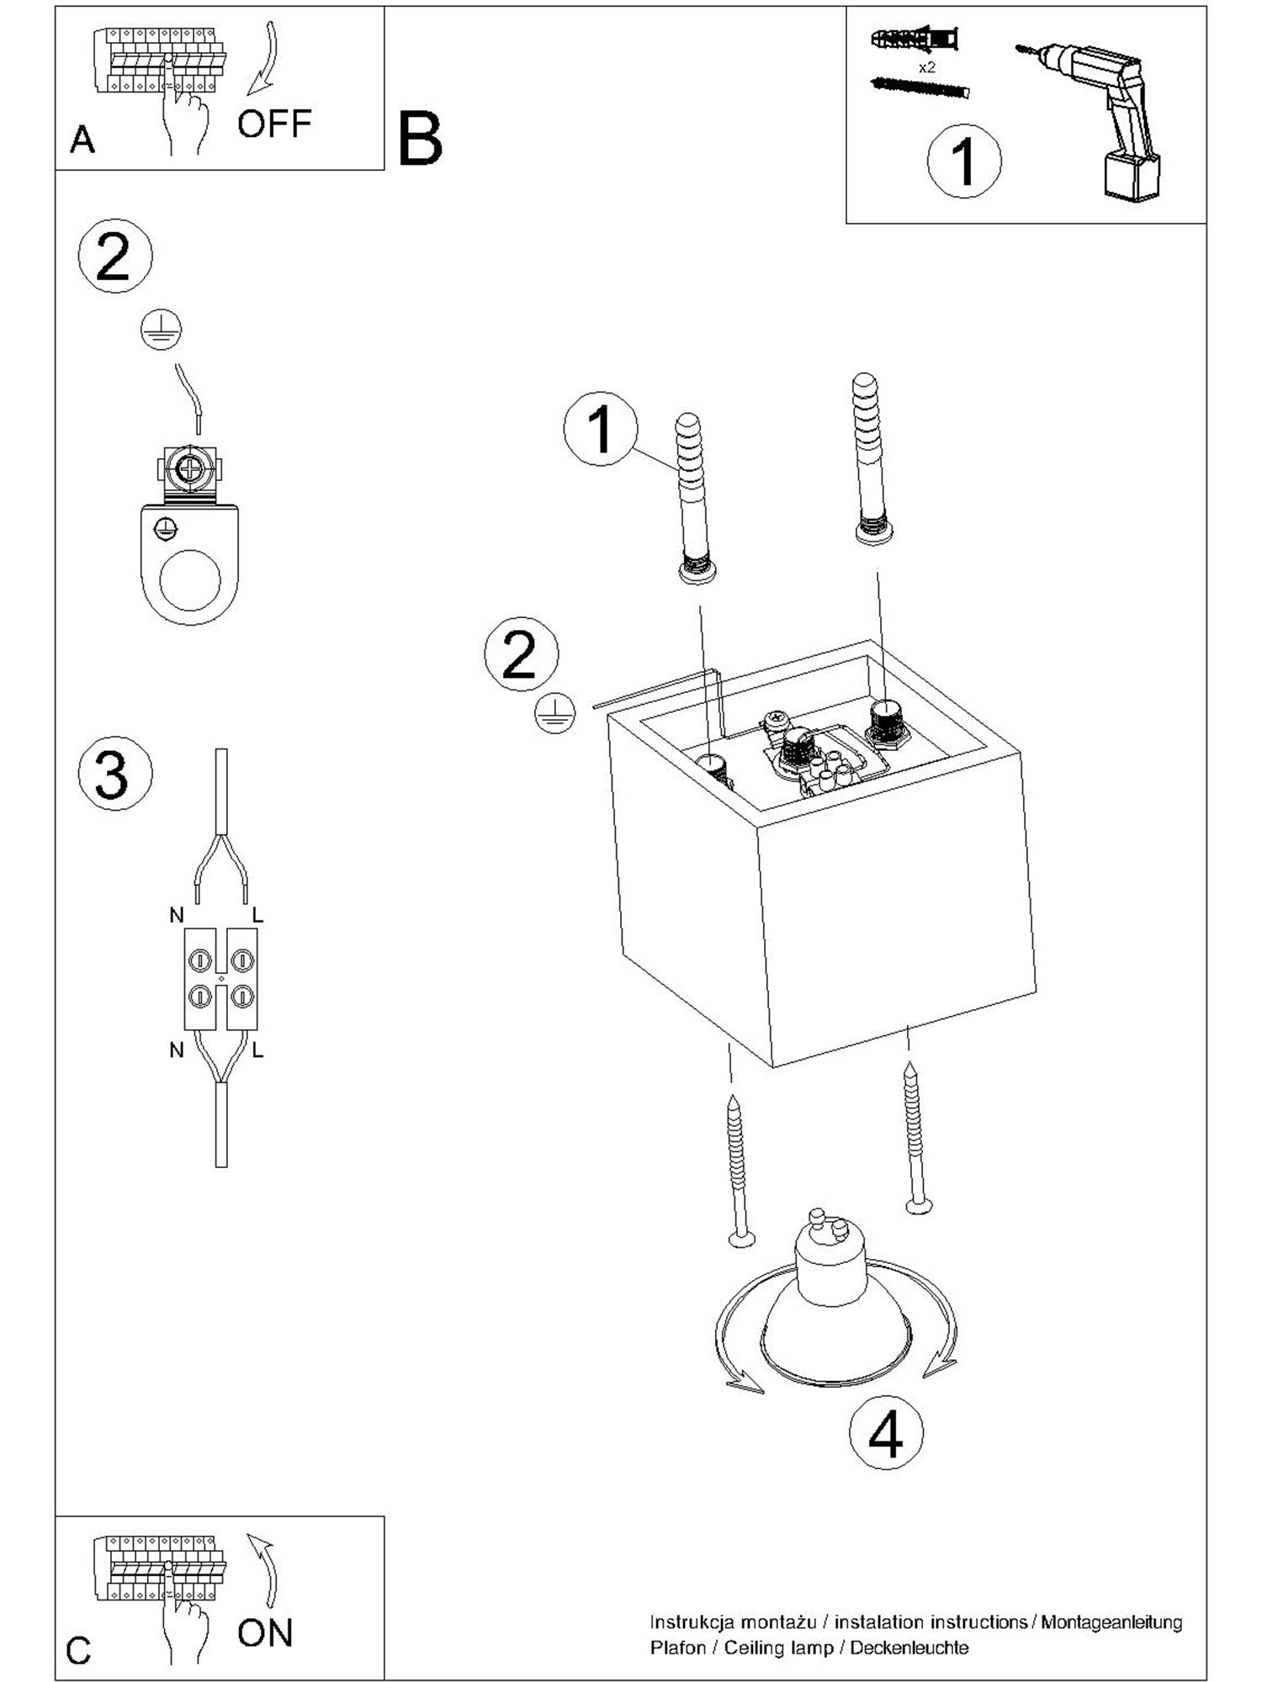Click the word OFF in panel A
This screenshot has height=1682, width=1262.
[274, 124]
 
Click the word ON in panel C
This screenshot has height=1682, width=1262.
[265, 1633]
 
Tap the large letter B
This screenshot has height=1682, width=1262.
[420, 140]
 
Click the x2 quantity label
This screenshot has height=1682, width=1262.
[926, 67]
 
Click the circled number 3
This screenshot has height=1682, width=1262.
[114, 774]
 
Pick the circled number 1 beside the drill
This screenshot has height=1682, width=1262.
[964, 161]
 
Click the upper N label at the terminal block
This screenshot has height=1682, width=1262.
[177, 916]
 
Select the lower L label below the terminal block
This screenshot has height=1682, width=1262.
[257, 1050]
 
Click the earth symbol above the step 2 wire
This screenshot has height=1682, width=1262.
[162, 329]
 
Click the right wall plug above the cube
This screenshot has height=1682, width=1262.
[871, 458]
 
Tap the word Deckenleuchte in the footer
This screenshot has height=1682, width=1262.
[909, 1648]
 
